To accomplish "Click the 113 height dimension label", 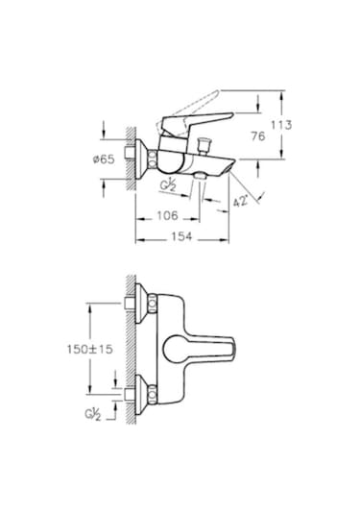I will pyautogui.click(x=306, y=125).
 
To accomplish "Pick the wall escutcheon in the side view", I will pyautogui.click(x=144, y=159).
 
